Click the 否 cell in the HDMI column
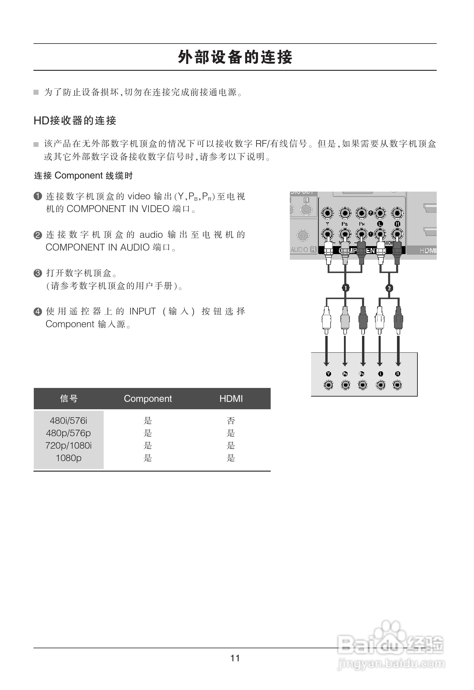pyautogui.click(x=230, y=421)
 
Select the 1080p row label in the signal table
pyautogui.click(x=69, y=458)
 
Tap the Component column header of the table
pyautogui.click(x=148, y=398)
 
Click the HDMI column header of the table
pyautogui.click(x=231, y=398)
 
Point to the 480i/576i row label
pyautogui.click(x=69, y=421)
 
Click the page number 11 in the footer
pyautogui.click(x=235, y=658)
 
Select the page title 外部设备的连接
pyautogui.click(x=235, y=57)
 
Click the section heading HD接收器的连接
pyautogui.click(x=75, y=121)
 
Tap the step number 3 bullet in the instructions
pyautogui.click(x=38, y=273)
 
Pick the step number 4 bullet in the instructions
pyautogui.click(x=38, y=312)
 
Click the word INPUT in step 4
pyautogui.click(x=142, y=312)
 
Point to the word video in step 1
pyautogui.click(x=139, y=196)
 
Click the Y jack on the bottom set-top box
pyautogui.click(x=328, y=385)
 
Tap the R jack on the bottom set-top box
pyautogui.click(x=397, y=385)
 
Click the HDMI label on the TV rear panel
pyautogui.click(x=428, y=251)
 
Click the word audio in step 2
pyautogui.click(x=151, y=235)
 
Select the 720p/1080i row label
pyautogui.click(x=69, y=445)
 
